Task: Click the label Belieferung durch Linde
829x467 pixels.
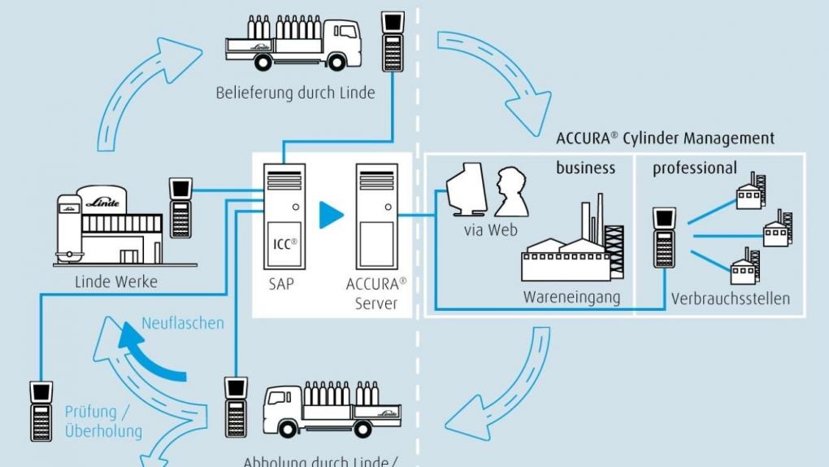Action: point(295,93)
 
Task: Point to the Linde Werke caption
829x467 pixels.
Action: point(116,282)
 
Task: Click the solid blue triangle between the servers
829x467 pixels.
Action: point(330,214)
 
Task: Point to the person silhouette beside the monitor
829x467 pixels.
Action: point(511,191)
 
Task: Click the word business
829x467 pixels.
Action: point(585,168)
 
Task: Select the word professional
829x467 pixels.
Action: point(695,168)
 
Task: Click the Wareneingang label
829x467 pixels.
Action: point(571,298)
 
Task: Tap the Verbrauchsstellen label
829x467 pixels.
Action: point(730,299)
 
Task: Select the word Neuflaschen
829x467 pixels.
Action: point(183,323)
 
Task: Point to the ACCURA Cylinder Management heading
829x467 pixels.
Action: point(665,138)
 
